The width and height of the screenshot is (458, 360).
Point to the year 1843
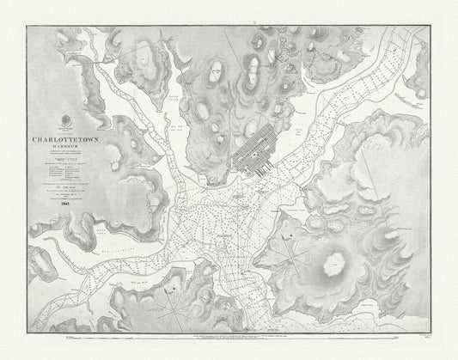point(65,204)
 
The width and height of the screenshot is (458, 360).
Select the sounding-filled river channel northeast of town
point(361,95)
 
